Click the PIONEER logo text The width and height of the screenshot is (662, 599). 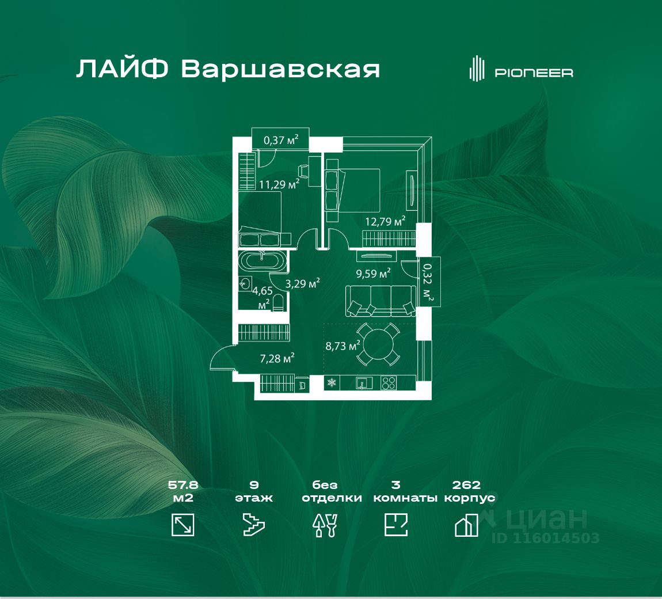(534, 73)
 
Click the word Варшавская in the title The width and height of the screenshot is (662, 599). (280, 70)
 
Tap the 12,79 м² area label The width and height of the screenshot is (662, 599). (385, 221)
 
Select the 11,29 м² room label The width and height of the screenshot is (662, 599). (279, 184)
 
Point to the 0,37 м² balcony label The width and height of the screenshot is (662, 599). (281, 139)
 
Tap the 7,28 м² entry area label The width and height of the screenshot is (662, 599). (277, 358)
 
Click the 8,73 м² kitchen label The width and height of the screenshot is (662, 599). (343, 346)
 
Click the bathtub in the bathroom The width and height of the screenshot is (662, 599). (262, 261)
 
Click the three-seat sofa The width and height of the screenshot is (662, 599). (381, 301)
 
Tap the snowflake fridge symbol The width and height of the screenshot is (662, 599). (332, 382)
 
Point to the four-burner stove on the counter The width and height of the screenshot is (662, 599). (389, 382)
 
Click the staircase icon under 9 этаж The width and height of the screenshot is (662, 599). (254, 525)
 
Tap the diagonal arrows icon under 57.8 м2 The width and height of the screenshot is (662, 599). (183, 525)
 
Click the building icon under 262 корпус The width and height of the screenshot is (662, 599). (466, 525)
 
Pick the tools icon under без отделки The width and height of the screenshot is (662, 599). (325, 525)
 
